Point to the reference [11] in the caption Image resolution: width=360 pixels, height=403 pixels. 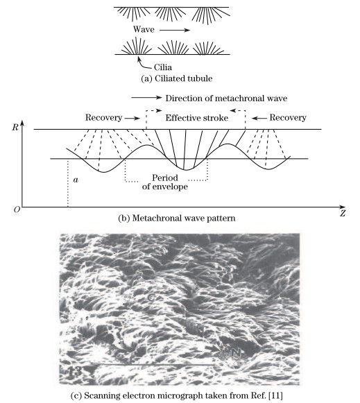(266, 393)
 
